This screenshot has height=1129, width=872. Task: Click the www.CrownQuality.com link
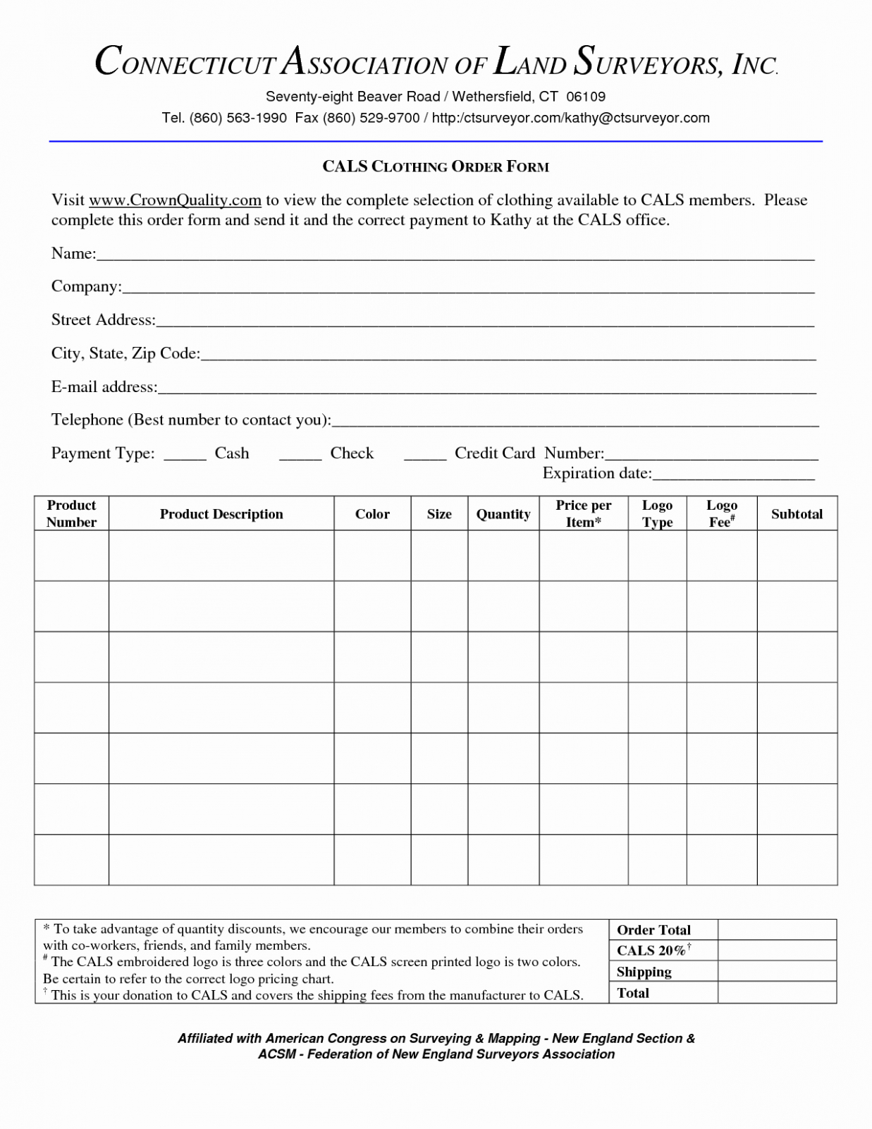pyautogui.click(x=176, y=200)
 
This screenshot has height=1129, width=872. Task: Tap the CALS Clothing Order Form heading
pyautogui.click(x=436, y=166)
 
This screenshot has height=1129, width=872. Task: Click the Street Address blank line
pyautogui.click(x=485, y=323)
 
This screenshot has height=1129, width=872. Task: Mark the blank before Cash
pyautogui.click(x=185, y=456)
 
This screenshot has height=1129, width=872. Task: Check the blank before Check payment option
pyautogui.click(x=300, y=456)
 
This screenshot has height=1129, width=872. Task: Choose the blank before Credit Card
pyautogui.click(x=425, y=456)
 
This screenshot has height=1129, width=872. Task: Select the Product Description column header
pyautogui.click(x=221, y=514)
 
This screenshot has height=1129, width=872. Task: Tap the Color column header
pyautogui.click(x=372, y=514)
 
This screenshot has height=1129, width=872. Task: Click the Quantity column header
pyautogui.click(x=503, y=514)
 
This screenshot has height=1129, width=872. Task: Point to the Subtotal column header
pyautogui.click(x=797, y=514)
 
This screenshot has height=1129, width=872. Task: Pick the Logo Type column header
pyautogui.click(x=657, y=513)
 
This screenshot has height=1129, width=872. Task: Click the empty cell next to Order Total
pyautogui.click(x=777, y=929)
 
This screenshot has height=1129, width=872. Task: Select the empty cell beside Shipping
pyautogui.click(x=777, y=971)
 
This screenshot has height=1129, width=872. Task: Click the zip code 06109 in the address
pyautogui.click(x=586, y=97)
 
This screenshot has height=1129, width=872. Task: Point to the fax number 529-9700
pyautogui.click(x=389, y=118)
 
